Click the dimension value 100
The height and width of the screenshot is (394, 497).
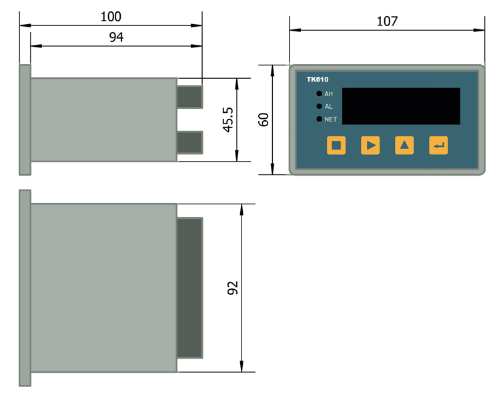[110, 16]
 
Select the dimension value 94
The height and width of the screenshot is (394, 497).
[116, 37]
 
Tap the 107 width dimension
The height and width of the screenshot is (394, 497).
[387, 21]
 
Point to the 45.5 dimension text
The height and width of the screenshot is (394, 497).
[228, 120]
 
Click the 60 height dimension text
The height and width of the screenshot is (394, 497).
[264, 120]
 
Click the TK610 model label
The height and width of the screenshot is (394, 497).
[317, 79]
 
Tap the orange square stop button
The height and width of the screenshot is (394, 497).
[336, 145]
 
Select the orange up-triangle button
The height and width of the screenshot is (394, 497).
[404, 145]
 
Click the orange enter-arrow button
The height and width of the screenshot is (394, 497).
[438, 145]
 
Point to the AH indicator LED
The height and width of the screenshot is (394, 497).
[320, 93]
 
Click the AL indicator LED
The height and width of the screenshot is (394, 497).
[320, 106]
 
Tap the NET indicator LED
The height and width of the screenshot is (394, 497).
[320, 119]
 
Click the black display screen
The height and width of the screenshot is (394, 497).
[402, 106]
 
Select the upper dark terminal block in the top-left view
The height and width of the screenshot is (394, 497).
[189, 97]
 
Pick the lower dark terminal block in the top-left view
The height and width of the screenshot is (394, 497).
[189, 142]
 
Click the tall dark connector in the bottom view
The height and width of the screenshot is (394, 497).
[189, 288]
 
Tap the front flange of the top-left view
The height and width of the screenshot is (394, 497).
[25, 120]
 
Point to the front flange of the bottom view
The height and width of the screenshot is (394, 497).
[25, 288]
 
